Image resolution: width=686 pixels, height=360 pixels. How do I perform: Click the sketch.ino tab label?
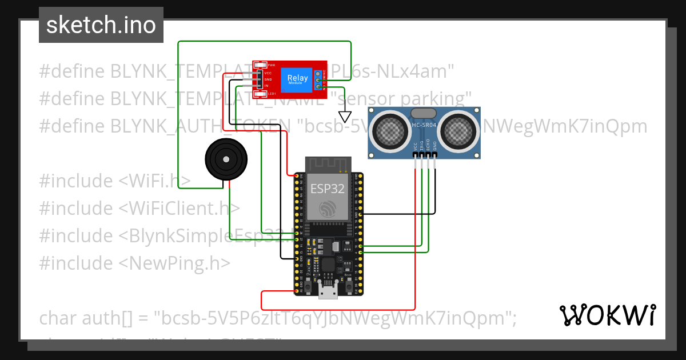click(101, 25)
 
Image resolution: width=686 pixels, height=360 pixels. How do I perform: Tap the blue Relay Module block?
click(297, 79)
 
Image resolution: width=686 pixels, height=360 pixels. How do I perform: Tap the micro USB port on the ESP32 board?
click(328, 292)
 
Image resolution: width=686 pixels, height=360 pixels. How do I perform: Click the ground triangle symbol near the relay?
click(345, 116)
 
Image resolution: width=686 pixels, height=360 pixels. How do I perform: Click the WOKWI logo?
click(607, 315)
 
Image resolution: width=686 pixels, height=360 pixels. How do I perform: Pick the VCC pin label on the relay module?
click(268, 73)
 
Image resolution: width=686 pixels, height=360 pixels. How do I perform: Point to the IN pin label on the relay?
click(266, 85)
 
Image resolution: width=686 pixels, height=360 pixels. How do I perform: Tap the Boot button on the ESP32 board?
click(348, 282)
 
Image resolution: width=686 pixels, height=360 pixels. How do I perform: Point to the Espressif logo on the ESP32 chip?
click(328, 208)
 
